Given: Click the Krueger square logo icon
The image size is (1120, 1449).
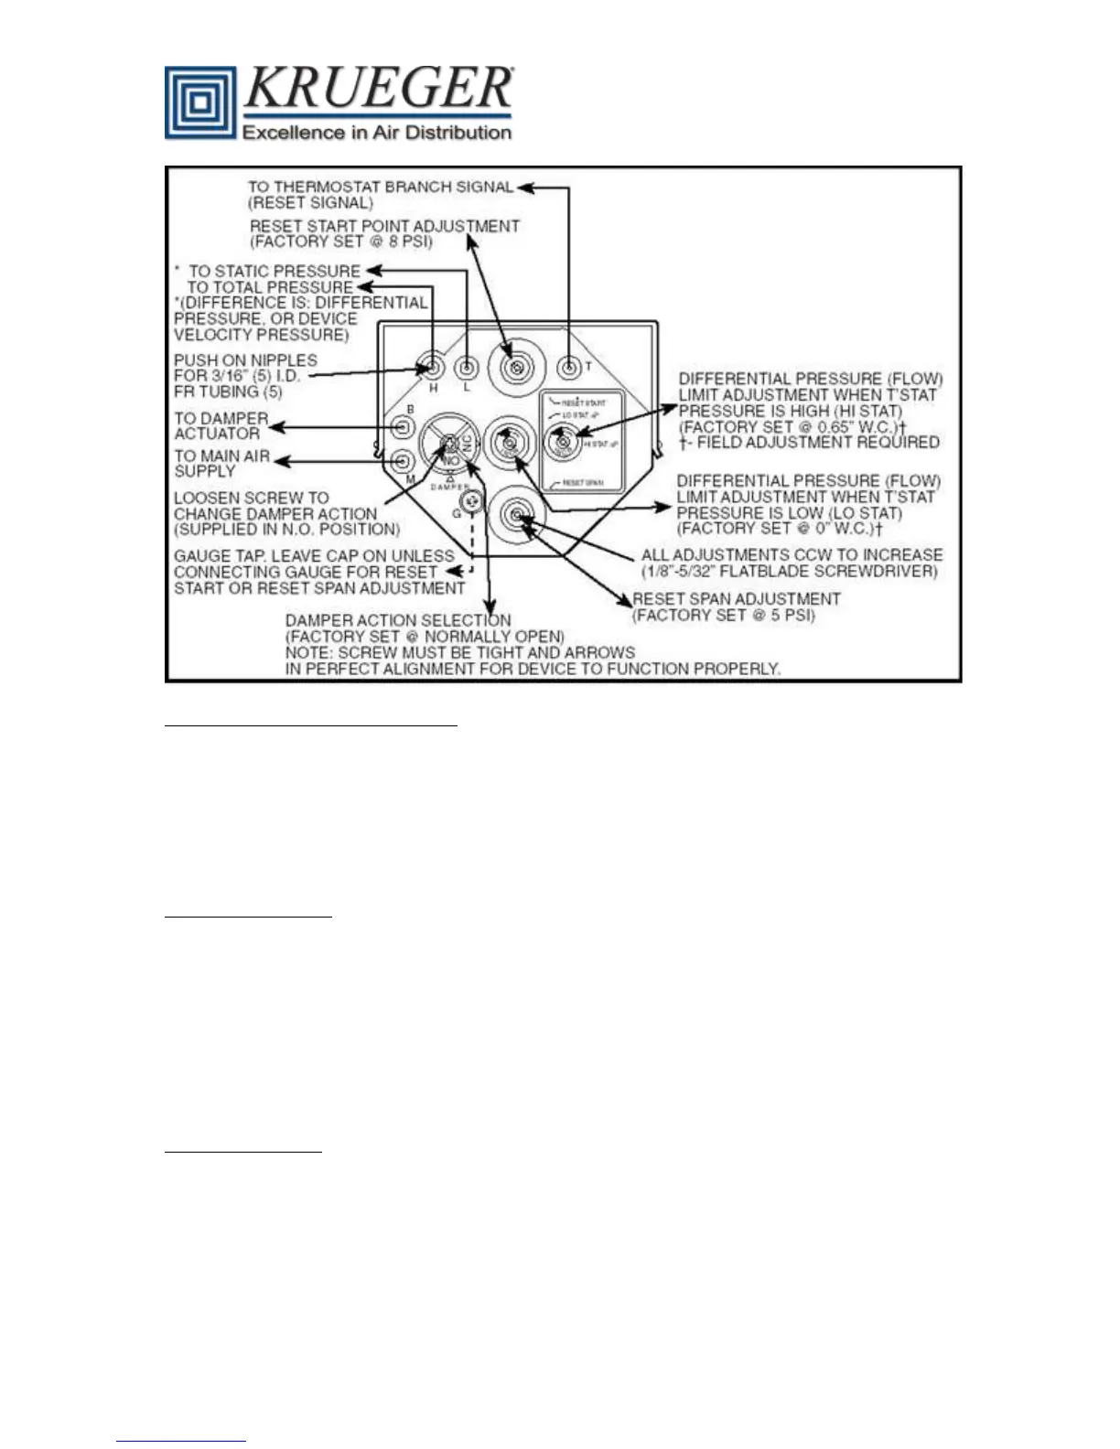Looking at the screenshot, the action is (199, 102).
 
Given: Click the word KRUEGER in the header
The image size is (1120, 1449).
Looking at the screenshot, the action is (378, 89).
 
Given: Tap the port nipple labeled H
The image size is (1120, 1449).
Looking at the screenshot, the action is (433, 369).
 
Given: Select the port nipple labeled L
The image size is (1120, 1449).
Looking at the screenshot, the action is (467, 368).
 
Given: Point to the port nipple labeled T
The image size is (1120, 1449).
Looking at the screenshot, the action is (569, 368).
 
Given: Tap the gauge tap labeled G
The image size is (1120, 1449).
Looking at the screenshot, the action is (472, 500).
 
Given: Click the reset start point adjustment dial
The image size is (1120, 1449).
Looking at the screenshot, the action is (516, 368).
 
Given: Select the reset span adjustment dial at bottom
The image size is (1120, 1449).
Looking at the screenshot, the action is (517, 517).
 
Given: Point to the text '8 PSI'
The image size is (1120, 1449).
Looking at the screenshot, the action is (409, 242).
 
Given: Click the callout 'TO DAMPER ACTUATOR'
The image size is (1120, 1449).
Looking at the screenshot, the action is (221, 425).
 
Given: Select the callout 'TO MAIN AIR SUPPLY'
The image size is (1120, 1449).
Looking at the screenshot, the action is (221, 463).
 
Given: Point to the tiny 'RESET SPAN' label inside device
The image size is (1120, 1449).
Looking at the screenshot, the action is (584, 483).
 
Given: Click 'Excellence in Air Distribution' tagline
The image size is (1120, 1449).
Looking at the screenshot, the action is (376, 133).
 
